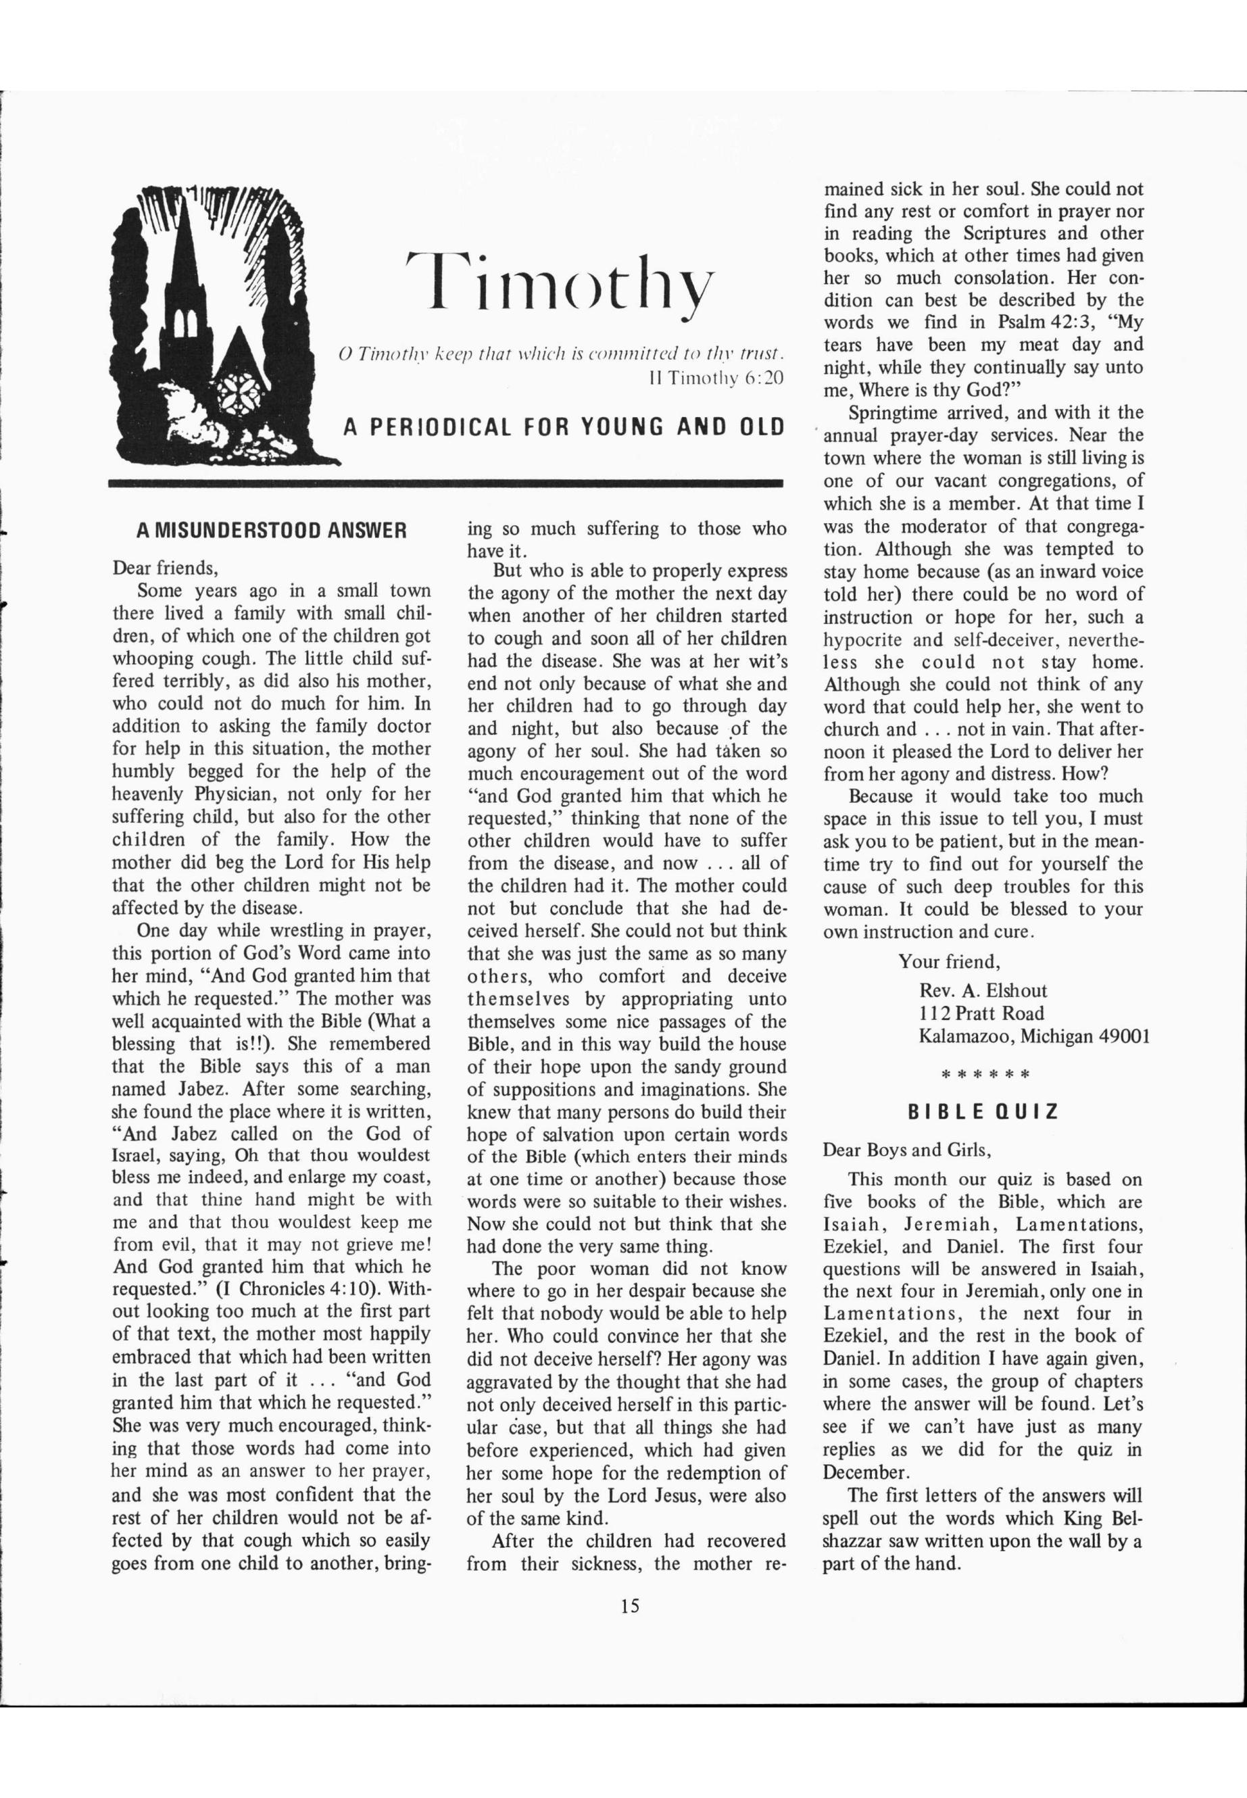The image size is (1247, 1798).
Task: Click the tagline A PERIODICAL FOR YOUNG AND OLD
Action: tap(563, 427)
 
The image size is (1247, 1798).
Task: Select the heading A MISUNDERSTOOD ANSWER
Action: tap(271, 531)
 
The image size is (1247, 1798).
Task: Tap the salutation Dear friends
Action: tap(166, 567)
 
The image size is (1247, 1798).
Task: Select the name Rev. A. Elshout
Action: tap(983, 991)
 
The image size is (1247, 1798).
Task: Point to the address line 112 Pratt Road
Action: tap(981, 1013)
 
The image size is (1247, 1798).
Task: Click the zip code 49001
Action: tap(1118, 1036)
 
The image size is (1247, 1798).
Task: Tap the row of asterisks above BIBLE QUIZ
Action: tap(985, 1075)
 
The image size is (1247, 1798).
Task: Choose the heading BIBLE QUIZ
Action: tap(983, 1111)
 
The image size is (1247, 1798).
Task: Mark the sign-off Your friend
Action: tap(950, 961)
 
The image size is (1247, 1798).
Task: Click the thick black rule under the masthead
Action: tap(446, 484)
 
